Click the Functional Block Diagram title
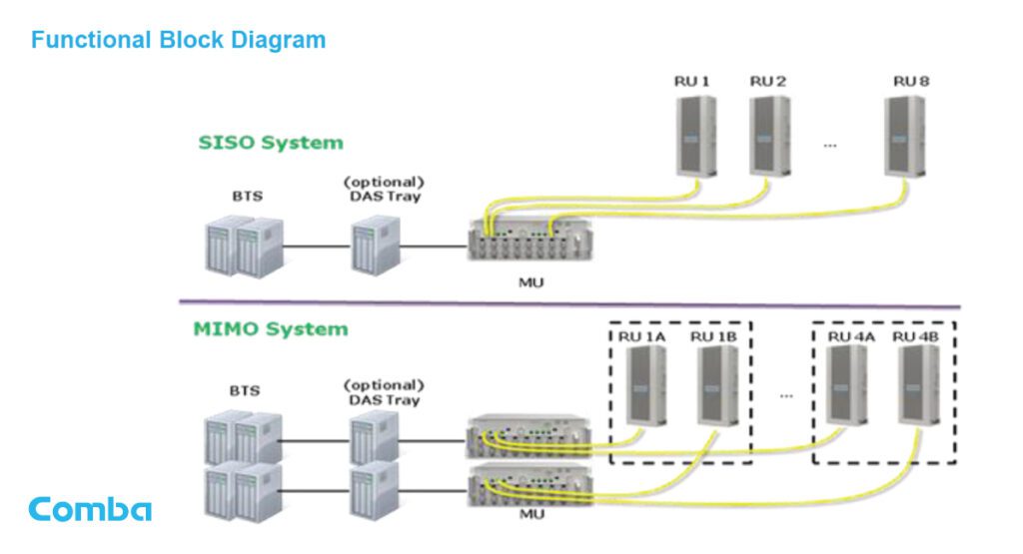point(178,41)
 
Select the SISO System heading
point(270,143)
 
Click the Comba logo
point(90,509)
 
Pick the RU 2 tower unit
point(768,136)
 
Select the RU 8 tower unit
point(910,136)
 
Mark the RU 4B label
point(915,337)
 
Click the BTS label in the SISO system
point(246,197)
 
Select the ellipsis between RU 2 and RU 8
point(829,146)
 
